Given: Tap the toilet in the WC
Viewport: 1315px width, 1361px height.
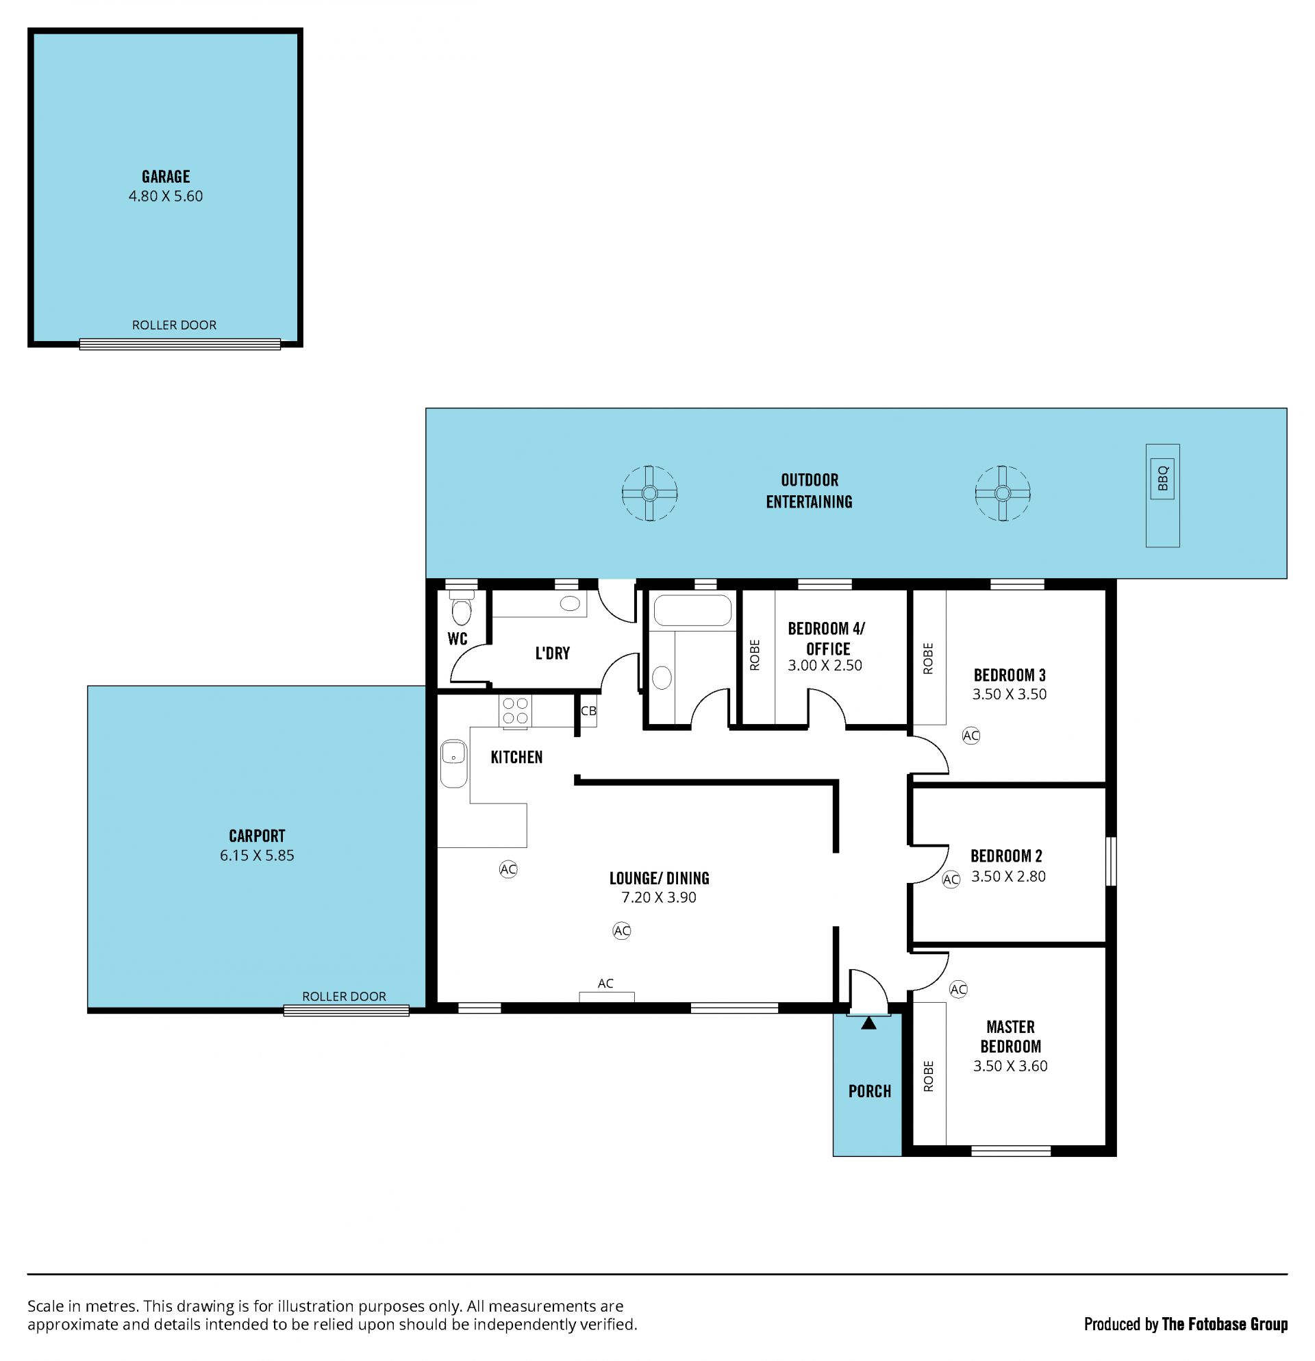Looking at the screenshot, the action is coord(461,608).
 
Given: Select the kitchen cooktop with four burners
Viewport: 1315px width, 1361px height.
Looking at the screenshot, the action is coord(515,711).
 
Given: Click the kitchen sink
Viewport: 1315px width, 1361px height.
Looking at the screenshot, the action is coord(454,763).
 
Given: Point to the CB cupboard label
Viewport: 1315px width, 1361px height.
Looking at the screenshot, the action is coord(588,710).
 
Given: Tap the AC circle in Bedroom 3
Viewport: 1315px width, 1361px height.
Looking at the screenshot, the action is coord(970,736).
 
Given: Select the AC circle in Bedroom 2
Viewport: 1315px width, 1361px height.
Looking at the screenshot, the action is coord(951,879).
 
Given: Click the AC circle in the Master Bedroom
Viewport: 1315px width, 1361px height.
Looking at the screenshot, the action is coord(958,989).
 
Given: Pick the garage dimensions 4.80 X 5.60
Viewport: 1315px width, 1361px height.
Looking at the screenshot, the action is coord(165,197).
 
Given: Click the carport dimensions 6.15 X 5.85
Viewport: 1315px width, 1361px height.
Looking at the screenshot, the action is coord(257,856).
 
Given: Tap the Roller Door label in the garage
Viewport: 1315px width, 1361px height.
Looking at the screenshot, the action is coord(174,325).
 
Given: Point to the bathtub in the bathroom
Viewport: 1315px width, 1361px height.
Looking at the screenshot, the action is coord(692,611).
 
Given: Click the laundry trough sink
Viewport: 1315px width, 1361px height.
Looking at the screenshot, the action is coord(570,603).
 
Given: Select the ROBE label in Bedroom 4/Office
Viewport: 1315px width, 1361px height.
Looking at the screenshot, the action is coord(755,655).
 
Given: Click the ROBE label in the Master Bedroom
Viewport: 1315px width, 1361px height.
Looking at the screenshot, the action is coord(928,1076).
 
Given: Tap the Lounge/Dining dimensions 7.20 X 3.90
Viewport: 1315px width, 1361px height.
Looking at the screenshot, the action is coord(658,897).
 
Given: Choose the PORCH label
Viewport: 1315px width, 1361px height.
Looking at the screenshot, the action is coord(869,1091).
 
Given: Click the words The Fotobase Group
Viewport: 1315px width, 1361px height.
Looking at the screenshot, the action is coord(1224,1324).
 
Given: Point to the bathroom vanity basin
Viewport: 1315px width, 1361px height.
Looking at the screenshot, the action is coord(662,677).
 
